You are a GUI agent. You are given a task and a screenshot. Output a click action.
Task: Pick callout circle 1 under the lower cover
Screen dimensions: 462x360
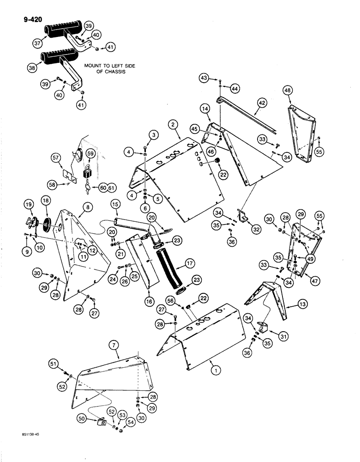(213, 370)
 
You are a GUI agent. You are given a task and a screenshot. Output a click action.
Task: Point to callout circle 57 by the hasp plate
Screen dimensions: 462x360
(57, 158)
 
